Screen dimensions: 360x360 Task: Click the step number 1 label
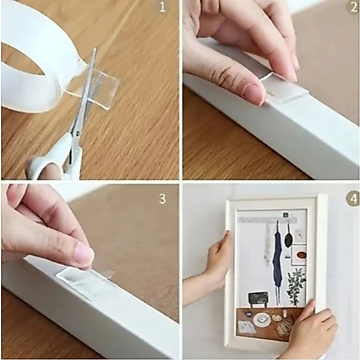pyautogui.click(x=162, y=7)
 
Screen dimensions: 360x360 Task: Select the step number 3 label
pyautogui.click(x=162, y=199)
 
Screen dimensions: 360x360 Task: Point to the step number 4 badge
pyautogui.click(x=353, y=199)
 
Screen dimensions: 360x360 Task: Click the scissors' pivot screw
pyautogui.click(x=78, y=132)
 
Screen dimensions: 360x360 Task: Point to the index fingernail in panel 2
pyautogui.click(x=253, y=95)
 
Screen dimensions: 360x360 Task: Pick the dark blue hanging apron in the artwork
pyautogui.click(x=277, y=259)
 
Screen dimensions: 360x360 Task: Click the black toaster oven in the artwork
pyautogui.click(x=258, y=299)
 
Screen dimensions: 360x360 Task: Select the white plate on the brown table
pyautogui.click(x=262, y=319)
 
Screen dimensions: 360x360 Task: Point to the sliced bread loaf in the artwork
pyautogui.click(x=283, y=328)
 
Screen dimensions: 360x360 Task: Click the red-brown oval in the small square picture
pyautogui.click(x=301, y=255)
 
